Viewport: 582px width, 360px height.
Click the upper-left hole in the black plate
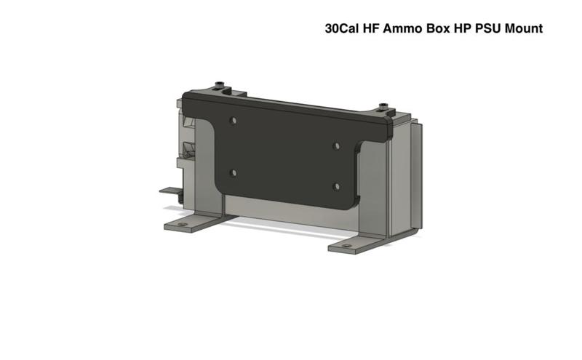tap(233, 119)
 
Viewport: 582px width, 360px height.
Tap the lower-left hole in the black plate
tap(233, 172)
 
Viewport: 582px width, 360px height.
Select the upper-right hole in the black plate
tap(336, 146)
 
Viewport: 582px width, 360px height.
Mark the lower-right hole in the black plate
tap(336, 186)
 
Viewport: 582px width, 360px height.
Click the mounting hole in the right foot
tap(346, 247)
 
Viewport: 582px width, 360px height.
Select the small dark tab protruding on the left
tap(168, 191)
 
